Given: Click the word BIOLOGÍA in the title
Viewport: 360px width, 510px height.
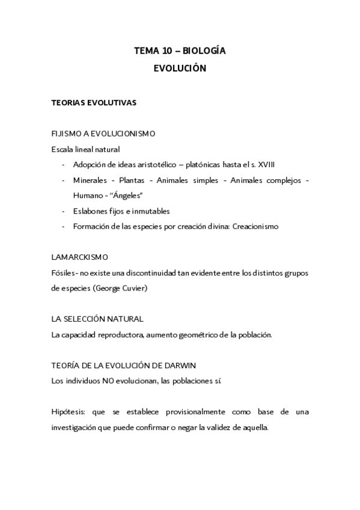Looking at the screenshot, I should click(204, 52).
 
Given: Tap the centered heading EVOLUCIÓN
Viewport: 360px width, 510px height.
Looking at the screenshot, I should click(180, 69).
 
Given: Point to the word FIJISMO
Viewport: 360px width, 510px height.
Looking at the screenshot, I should click(67, 133).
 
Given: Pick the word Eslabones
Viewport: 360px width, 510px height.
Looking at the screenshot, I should click(91, 211).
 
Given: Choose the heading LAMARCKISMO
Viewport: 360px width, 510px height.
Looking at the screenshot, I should click(80, 257).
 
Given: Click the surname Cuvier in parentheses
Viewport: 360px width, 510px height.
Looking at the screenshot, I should click(153, 289).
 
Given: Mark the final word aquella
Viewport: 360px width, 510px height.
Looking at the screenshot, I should click(257, 428).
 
